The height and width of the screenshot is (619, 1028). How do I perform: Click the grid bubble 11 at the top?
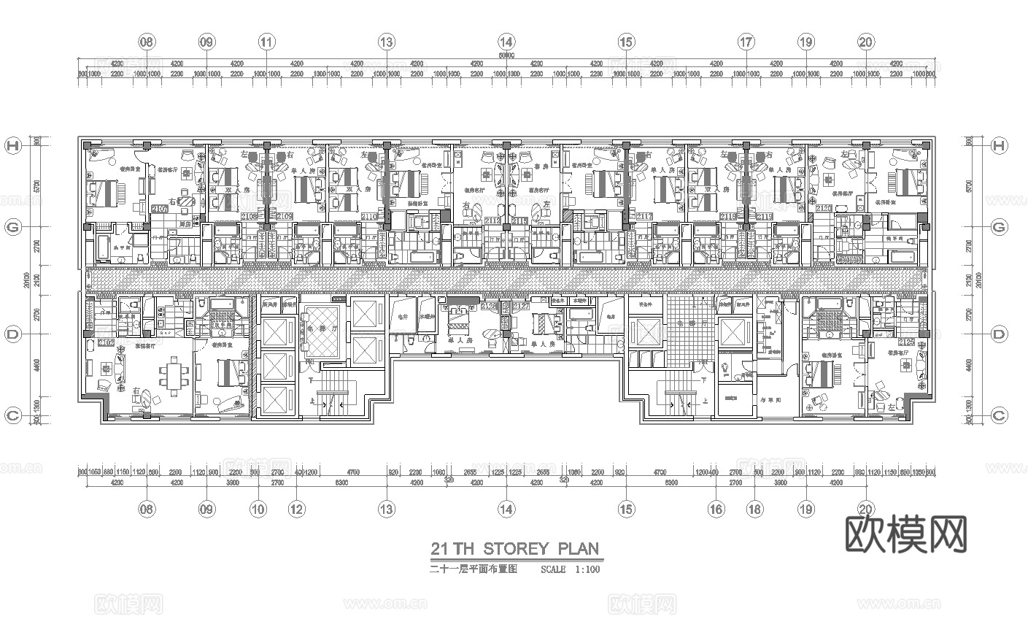[x=267, y=42]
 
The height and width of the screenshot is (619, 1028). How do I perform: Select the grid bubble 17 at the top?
[x=746, y=42]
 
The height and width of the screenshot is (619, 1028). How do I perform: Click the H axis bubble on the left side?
[x=12, y=146]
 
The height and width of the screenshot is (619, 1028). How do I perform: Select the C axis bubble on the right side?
[x=999, y=415]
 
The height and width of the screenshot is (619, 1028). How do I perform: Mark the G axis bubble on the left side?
[x=12, y=227]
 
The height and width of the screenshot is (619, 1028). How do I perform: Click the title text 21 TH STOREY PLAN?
[x=514, y=549]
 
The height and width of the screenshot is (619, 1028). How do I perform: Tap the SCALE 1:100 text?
[x=571, y=569]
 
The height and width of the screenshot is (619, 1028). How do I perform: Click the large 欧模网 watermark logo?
[x=905, y=534]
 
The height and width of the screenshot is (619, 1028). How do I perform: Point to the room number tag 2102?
[x=106, y=342]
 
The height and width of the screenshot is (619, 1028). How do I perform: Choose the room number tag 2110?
[x=369, y=217]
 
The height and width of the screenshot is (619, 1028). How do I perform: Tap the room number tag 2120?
[x=824, y=209]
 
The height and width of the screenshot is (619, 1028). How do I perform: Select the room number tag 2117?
[x=644, y=217]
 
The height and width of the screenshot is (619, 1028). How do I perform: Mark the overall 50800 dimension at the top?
[x=506, y=55]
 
